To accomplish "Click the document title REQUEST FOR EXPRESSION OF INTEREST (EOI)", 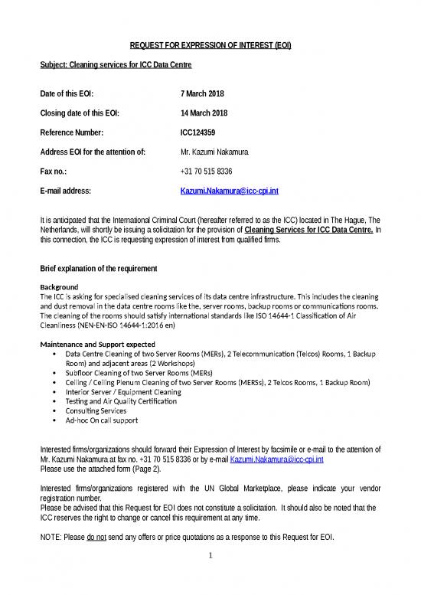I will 209,46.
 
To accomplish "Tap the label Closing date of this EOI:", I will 79,113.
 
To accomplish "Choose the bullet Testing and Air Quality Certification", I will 121,401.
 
